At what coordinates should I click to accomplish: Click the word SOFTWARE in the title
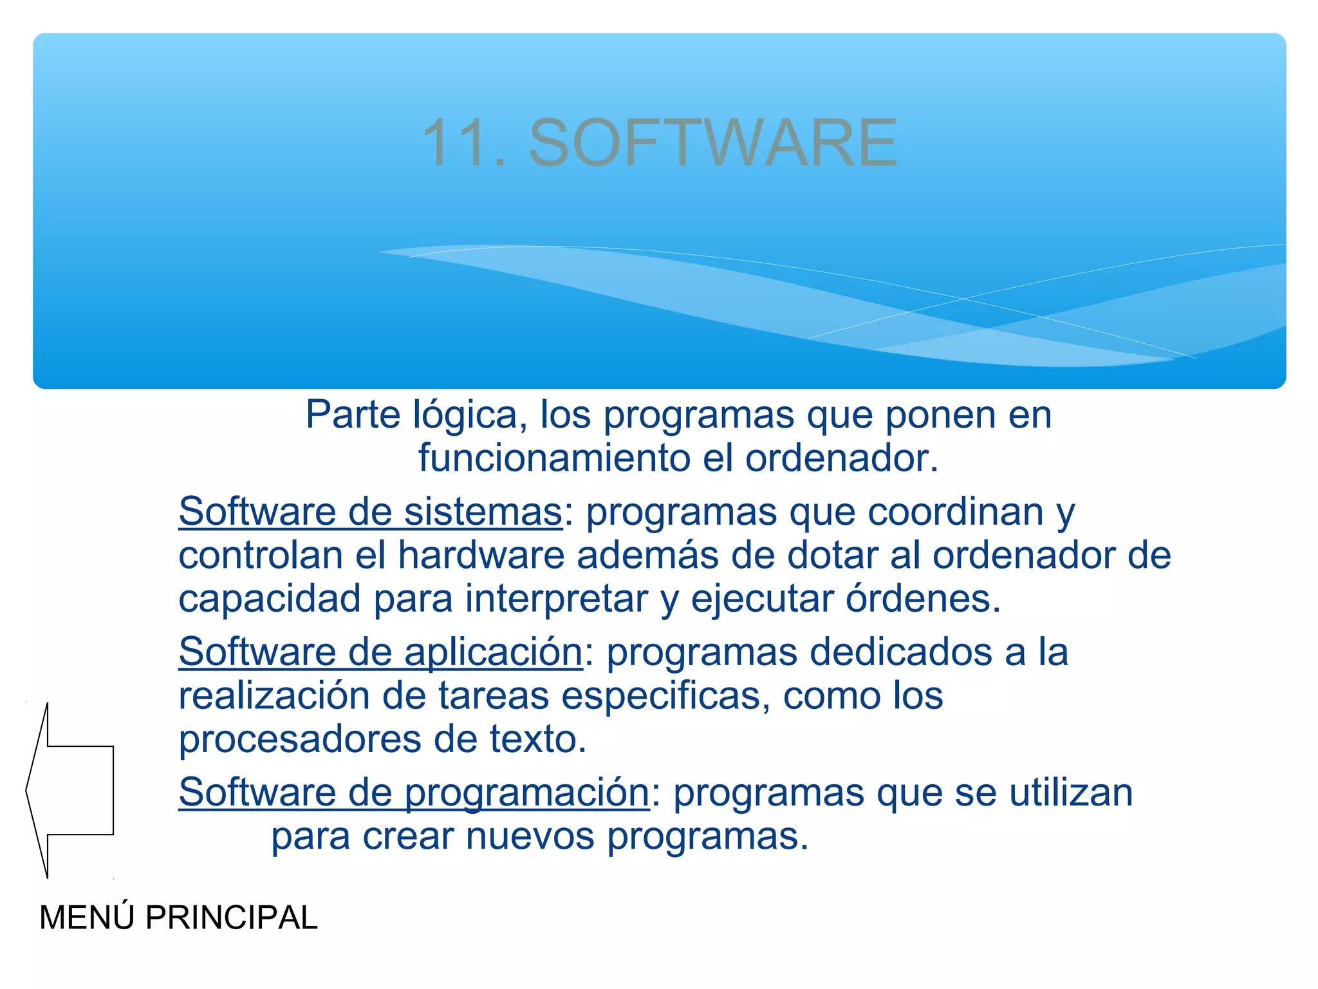click(713, 143)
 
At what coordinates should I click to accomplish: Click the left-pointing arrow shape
click(70, 790)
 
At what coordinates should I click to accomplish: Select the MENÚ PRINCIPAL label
click(178, 918)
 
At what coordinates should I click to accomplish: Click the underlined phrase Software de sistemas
click(371, 513)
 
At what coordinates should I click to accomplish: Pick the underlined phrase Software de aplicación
click(380, 652)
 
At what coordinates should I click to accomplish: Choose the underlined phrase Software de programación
click(414, 793)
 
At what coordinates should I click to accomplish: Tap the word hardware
click(481, 556)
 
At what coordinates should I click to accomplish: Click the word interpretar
click(557, 600)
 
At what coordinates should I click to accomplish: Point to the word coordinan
click(955, 513)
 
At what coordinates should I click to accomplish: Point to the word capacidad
click(270, 600)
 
